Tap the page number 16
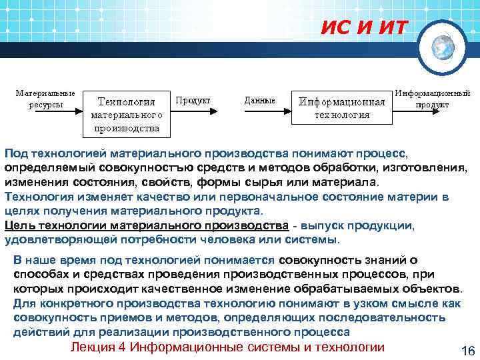click(x=466, y=351)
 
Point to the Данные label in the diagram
click(x=260, y=100)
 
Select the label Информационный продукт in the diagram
click(x=433, y=99)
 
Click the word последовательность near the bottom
click(x=401, y=318)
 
